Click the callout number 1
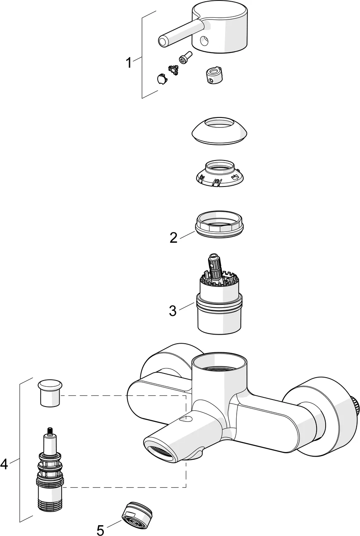(x=128, y=63)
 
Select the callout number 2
(x=173, y=237)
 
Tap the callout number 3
(x=173, y=311)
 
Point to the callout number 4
(x=4, y=464)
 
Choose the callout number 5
(x=101, y=530)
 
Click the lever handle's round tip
(x=163, y=42)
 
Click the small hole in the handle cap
(x=203, y=41)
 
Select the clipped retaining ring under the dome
(x=219, y=174)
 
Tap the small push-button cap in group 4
(x=49, y=393)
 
